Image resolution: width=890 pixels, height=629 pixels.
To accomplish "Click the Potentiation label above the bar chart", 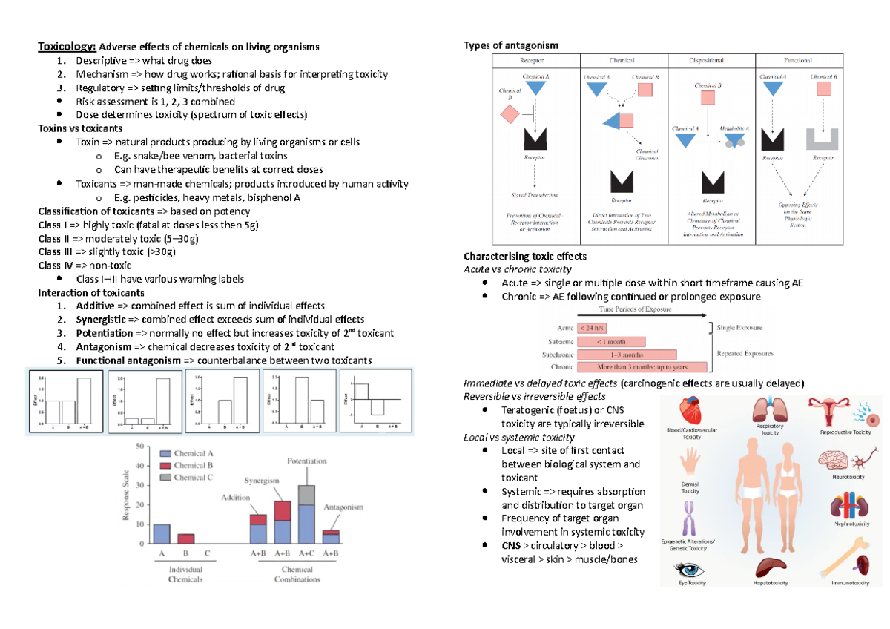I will [x=306, y=461].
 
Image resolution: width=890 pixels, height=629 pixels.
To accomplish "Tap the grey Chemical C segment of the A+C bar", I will [x=306, y=495].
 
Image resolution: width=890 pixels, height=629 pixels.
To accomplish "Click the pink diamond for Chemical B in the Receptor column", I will [x=510, y=115].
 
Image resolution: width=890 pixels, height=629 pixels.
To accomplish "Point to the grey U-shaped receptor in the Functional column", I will [x=823, y=139].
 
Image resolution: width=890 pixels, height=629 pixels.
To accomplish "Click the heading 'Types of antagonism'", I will [x=511, y=46].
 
